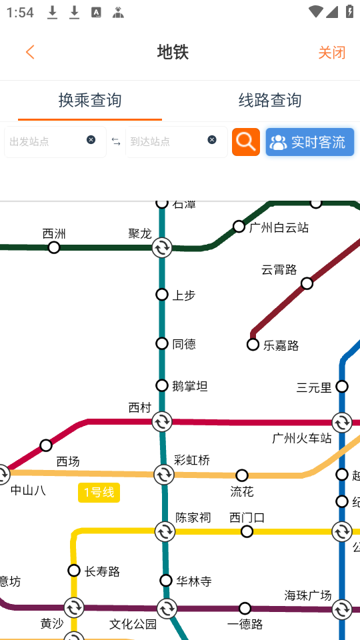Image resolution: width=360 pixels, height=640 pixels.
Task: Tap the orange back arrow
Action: point(30,52)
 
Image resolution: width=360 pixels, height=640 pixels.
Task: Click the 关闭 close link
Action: point(331,53)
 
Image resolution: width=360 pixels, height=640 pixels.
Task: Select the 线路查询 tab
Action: point(270,100)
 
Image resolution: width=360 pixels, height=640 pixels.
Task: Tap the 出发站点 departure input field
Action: point(47,141)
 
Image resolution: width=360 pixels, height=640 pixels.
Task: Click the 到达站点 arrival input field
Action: point(167,141)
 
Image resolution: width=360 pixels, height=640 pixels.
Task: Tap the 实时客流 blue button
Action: point(309,142)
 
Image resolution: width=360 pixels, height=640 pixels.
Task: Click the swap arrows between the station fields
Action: point(116,141)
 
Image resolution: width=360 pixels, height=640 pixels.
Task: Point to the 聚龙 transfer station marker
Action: point(162,248)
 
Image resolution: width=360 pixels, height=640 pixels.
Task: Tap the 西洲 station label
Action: point(54,234)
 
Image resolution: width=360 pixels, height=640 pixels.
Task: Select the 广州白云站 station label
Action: point(279,228)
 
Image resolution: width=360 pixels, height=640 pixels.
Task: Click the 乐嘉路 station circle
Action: point(253,345)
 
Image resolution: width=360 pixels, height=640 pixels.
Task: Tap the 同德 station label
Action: point(184,344)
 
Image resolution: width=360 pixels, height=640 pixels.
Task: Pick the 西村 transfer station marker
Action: point(162,421)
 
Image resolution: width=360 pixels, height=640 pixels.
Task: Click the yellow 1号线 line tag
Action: point(99,493)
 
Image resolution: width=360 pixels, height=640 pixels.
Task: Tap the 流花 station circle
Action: point(242,475)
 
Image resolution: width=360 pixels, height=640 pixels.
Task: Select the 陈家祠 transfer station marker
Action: point(165,531)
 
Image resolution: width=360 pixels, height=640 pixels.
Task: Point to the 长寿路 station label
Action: point(102,571)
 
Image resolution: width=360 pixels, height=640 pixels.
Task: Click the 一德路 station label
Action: point(245,625)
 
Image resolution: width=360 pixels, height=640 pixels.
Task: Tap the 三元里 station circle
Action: point(342,387)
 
